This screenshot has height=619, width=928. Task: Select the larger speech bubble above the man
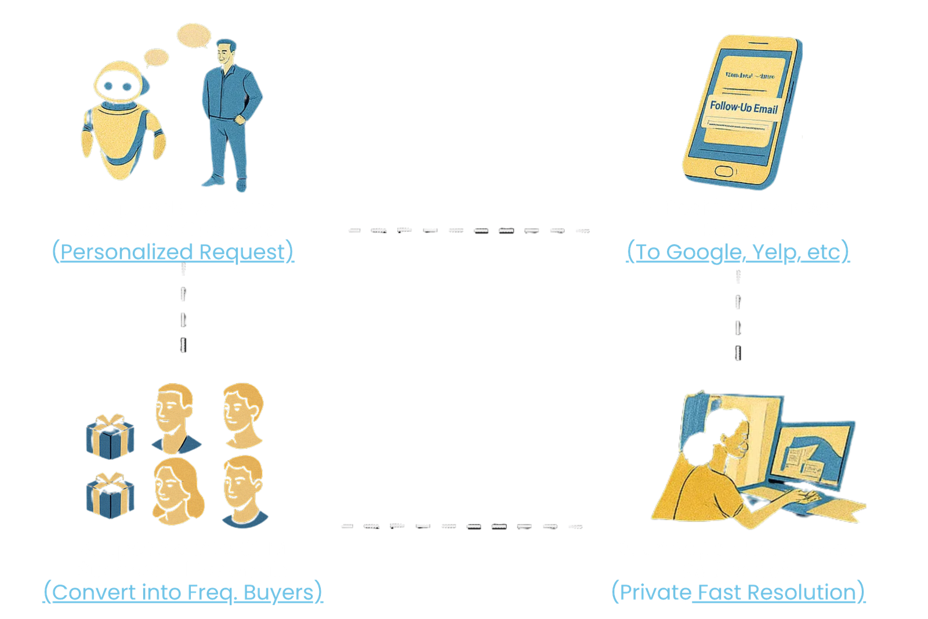coord(193,36)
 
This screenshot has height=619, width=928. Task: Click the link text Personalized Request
coord(173,252)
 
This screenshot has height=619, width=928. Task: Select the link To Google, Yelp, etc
coord(738,252)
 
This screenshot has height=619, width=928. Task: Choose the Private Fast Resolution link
coord(738,592)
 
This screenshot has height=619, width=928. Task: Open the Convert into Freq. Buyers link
coord(183,592)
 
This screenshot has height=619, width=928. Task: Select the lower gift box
coord(110,497)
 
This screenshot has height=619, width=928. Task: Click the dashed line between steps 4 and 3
coord(461,526)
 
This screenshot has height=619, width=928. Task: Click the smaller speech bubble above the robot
coord(155,57)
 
